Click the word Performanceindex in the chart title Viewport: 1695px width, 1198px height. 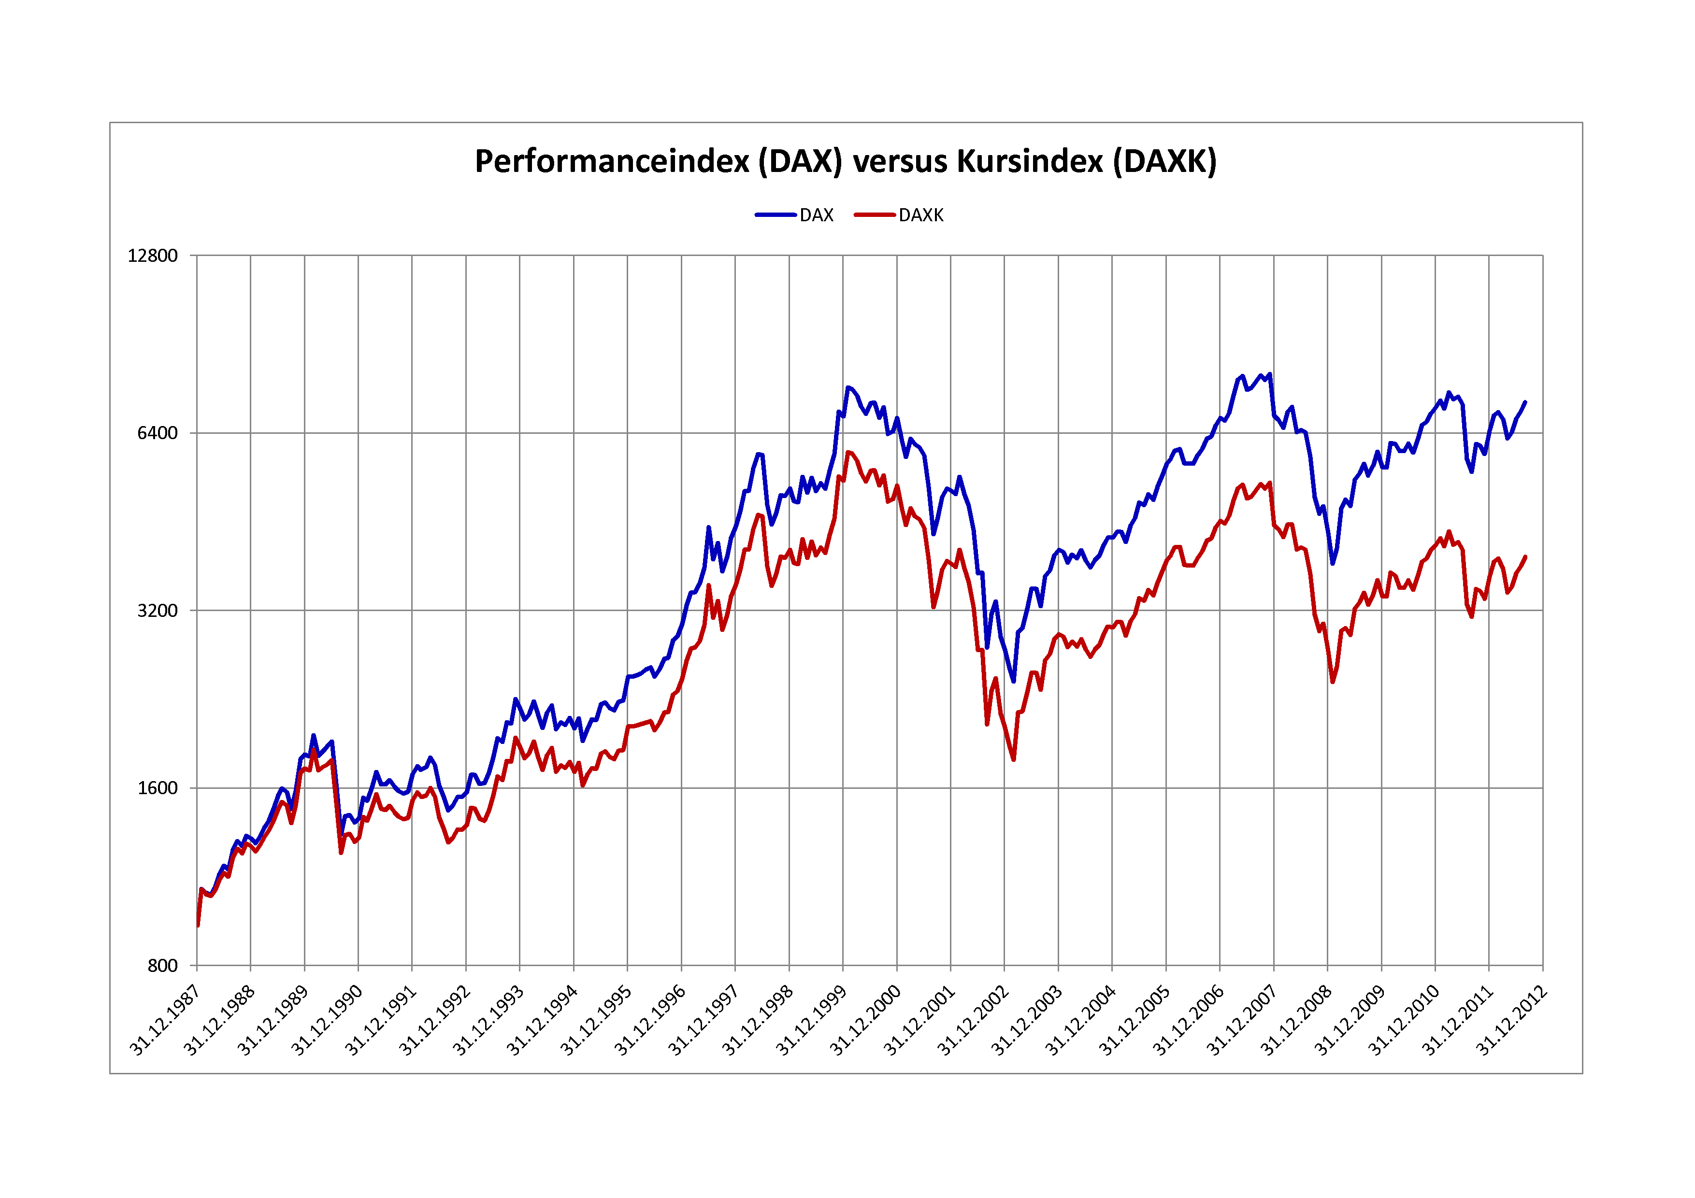tap(611, 162)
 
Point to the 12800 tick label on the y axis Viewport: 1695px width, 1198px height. tap(153, 256)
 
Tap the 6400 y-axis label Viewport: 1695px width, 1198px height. tap(157, 433)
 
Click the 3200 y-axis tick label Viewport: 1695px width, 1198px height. tap(157, 611)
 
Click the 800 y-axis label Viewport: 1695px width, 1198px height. tap(162, 966)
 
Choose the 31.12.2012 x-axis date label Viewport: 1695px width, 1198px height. tap(1510, 1020)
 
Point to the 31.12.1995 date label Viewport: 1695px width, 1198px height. tap(595, 1020)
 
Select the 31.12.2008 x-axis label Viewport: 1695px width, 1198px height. tap(1295, 1020)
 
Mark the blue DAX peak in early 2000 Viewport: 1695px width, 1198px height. tap(848, 387)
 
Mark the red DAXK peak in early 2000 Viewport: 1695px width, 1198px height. tap(848, 453)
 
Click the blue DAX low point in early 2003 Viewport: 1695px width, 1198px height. tap(1014, 681)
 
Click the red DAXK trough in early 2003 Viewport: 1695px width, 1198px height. tap(1014, 759)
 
